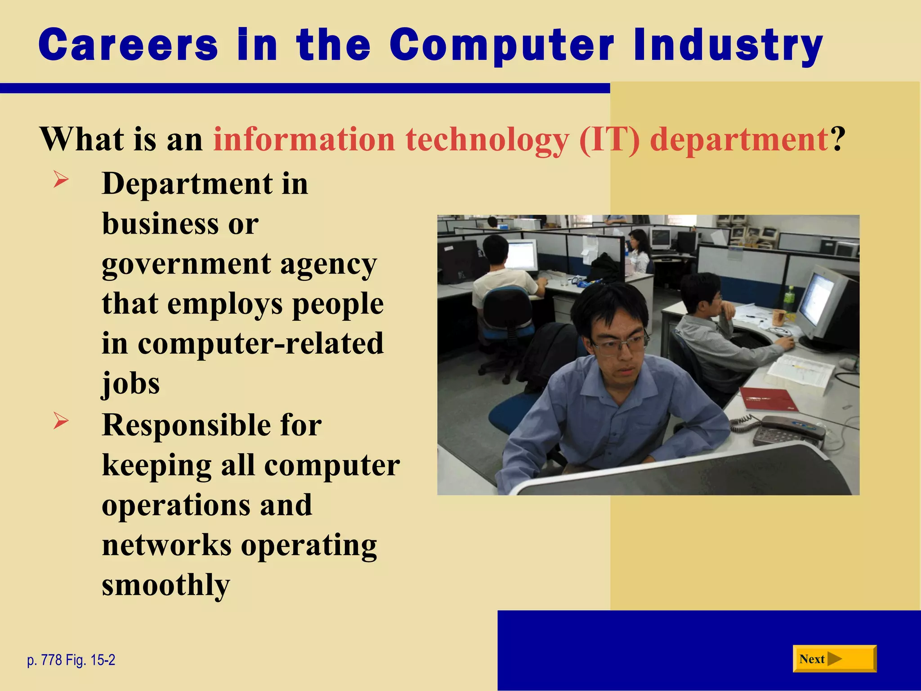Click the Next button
tap(834, 659)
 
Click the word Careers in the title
tap(128, 45)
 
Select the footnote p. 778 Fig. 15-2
tap(71, 660)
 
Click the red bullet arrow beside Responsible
tap(61, 421)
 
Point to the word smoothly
tap(165, 585)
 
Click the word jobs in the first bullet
tap(130, 383)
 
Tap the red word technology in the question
tap(487, 139)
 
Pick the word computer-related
tap(260, 344)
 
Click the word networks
tap(167, 545)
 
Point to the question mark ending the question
tap(837, 139)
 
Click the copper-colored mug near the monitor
tap(778, 317)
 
